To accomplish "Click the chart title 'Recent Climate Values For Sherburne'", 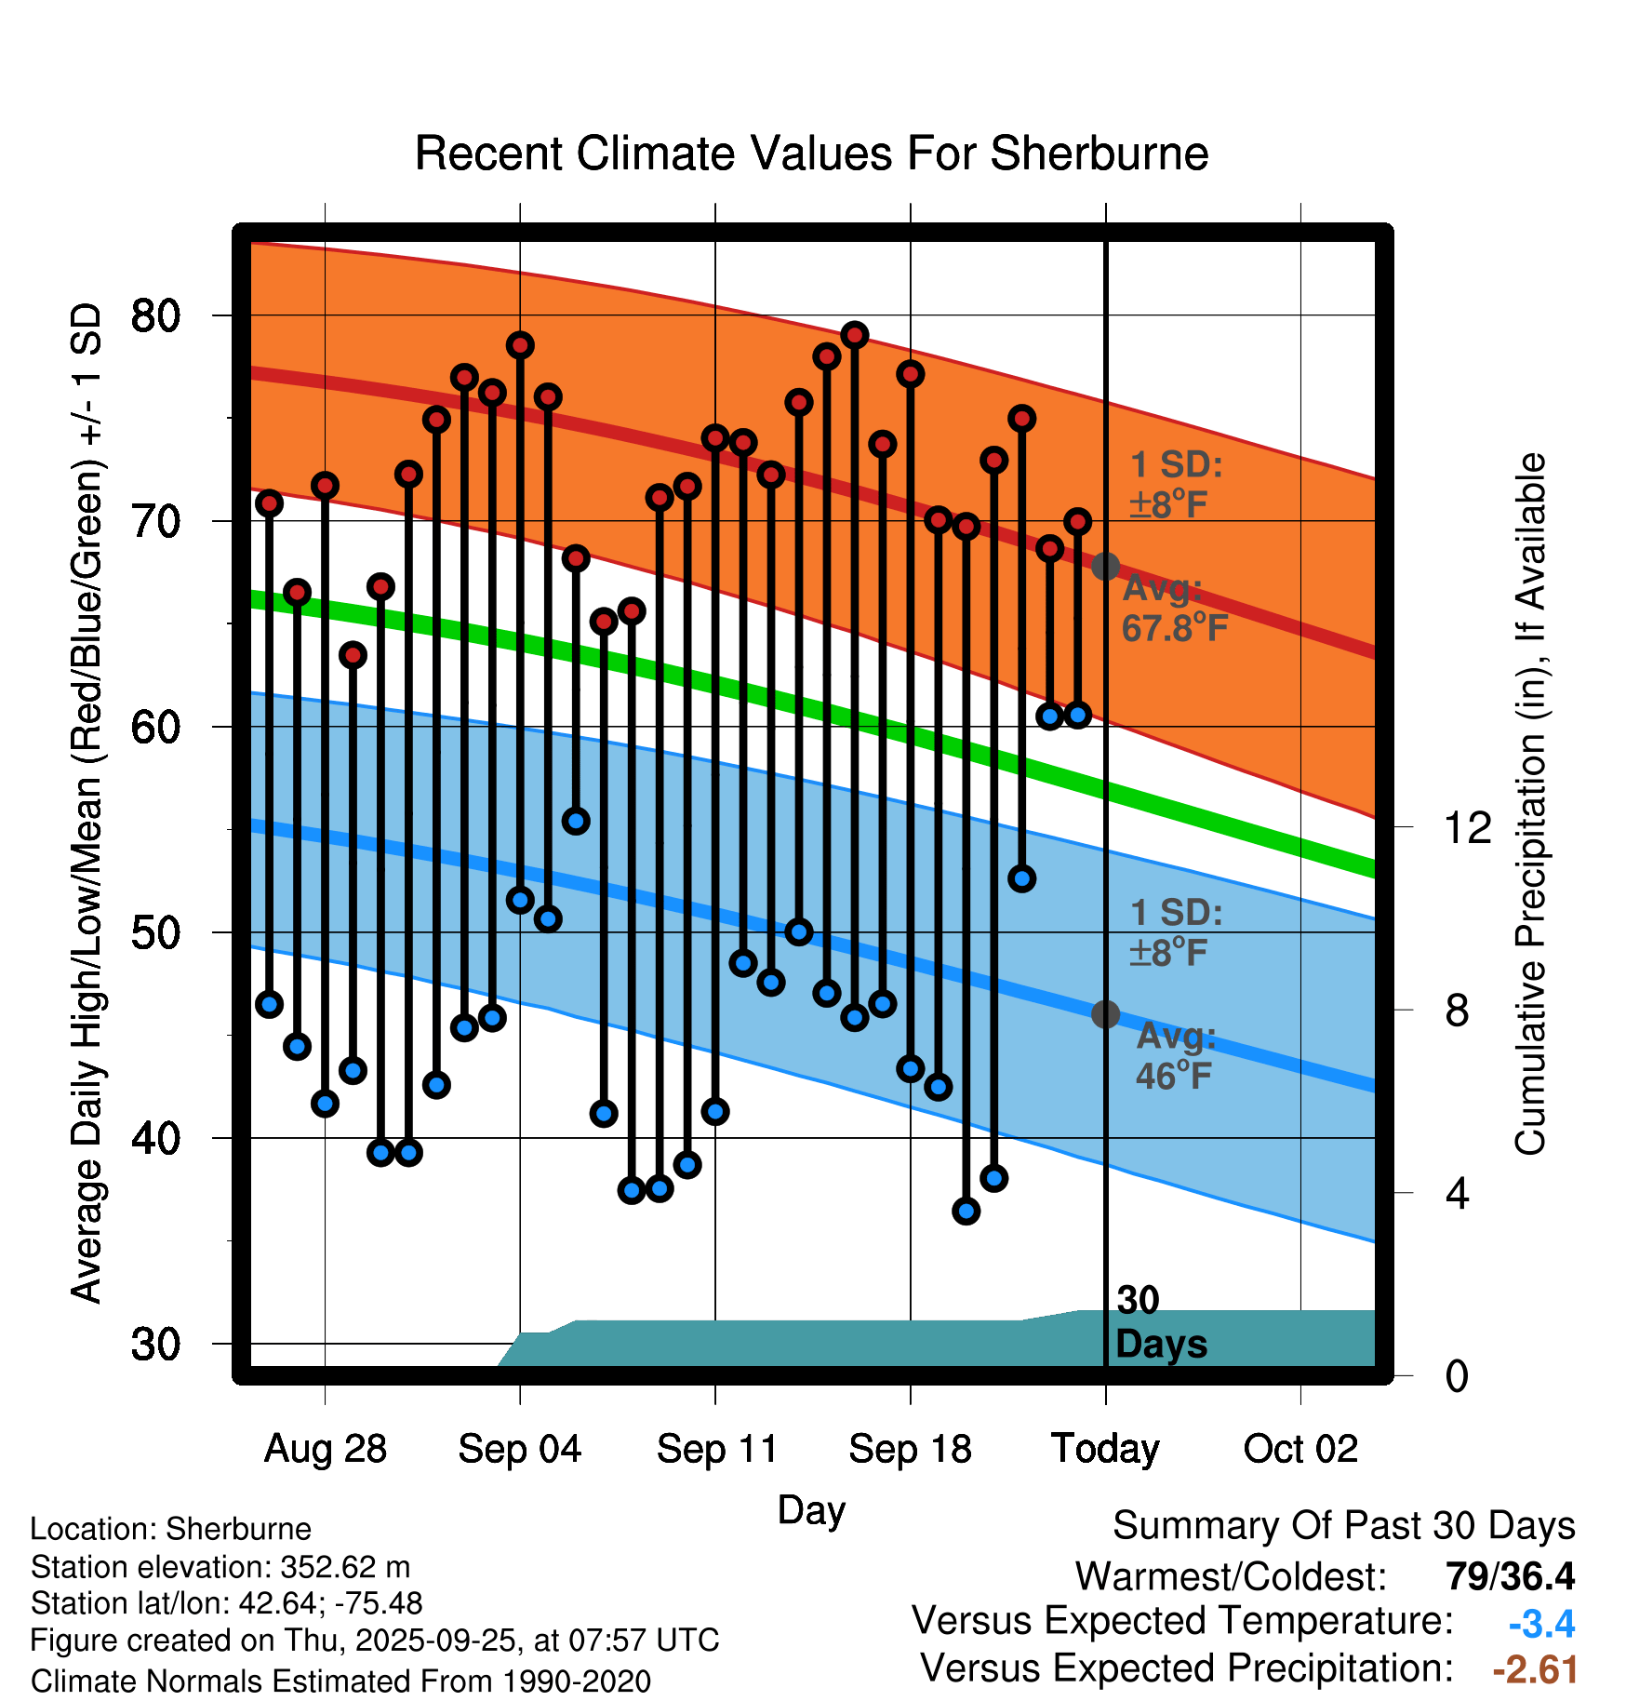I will pyautogui.click(x=811, y=154).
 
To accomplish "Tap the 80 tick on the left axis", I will pyautogui.click(x=155, y=316).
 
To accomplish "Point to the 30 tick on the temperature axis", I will pyautogui.click(x=155, y=1345).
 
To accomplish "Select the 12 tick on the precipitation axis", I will pyautogui.click(x=1467, y=827).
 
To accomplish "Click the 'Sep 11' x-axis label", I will pyautogui.click(x=716, y=1449).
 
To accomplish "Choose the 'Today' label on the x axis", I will pyautogui.click(x=1105, y=1449).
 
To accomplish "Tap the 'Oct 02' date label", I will pyautogui.click(x=1300, y=1449).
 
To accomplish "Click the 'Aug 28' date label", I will pyautogui.click(x=326, y=1449).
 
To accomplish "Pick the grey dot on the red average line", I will pyautogui.click(x=1105, y=566).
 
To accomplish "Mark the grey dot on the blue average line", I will pyautogui.click(x=1105, y=1014).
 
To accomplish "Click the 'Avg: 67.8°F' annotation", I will pyautogui.click(x=1174, y=609).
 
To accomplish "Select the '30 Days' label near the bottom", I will pyautogui.click(x=1159, y=1323).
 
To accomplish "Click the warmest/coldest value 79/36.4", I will pyautogui.click(x=1510, y=1576).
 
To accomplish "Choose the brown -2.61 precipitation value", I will pyautogui.click(x=1535, y=1669).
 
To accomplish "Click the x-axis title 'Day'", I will pyautogui.click(x=811, y=1509).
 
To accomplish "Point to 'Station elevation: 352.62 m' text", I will pyautogui.click(x=220, y=1567).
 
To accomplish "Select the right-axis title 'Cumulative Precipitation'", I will pyautogui.click(x=1529, y=804).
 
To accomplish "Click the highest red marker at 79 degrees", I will pyautogui.click(x=855, y=335).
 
